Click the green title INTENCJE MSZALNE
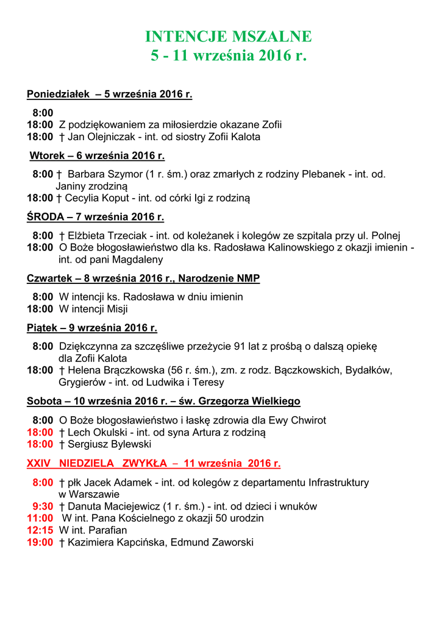(x=228, y=37)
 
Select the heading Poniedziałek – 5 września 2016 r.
(x=110, y=94)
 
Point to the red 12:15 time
(x=40, y=530)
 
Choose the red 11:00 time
(x=40, y=519)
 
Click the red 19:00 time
(x=40, y=542)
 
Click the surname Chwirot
(x=306, y=420)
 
